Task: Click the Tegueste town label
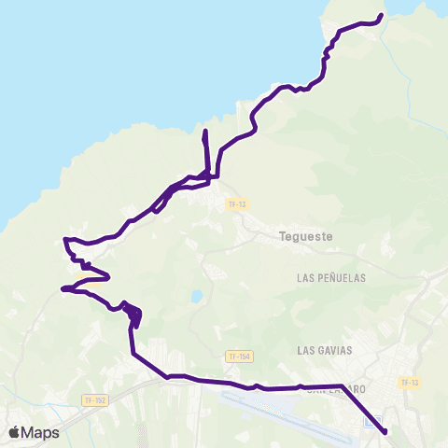point(305,236)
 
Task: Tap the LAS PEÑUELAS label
point(330,278)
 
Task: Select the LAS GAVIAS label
point(324,350)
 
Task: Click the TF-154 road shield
point(239,357)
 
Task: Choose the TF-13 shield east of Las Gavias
point(408,383)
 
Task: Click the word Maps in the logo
point(40,432)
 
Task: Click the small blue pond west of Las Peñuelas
point(196,297)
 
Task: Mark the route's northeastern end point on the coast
point(382,16)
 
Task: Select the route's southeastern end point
point(385,430)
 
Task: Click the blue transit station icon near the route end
point(371,423)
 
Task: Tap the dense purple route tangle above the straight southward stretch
point(133,315)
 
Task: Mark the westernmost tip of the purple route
point(62,289)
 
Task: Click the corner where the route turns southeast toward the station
point(340,385)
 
